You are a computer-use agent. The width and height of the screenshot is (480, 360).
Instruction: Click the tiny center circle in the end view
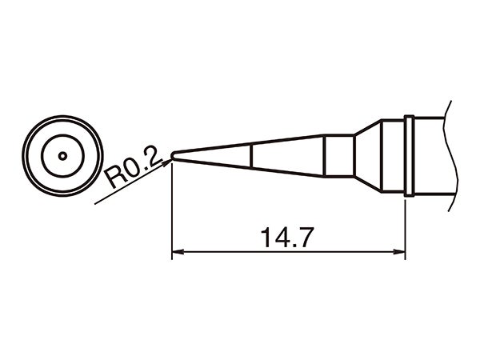(x=62, y=155)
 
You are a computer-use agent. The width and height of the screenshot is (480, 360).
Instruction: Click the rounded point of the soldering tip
(x=174, y=156)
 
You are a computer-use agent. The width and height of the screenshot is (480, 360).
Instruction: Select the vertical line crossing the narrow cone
(x=253, y=156)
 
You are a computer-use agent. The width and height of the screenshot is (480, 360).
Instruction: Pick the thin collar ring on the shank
(x=409, y=156)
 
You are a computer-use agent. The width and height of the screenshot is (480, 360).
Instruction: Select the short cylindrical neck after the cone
(x=339, y=156)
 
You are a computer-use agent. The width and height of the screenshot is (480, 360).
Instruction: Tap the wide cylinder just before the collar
(x=392, y=156)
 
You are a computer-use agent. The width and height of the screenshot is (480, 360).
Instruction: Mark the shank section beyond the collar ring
(x=432, y=156)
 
